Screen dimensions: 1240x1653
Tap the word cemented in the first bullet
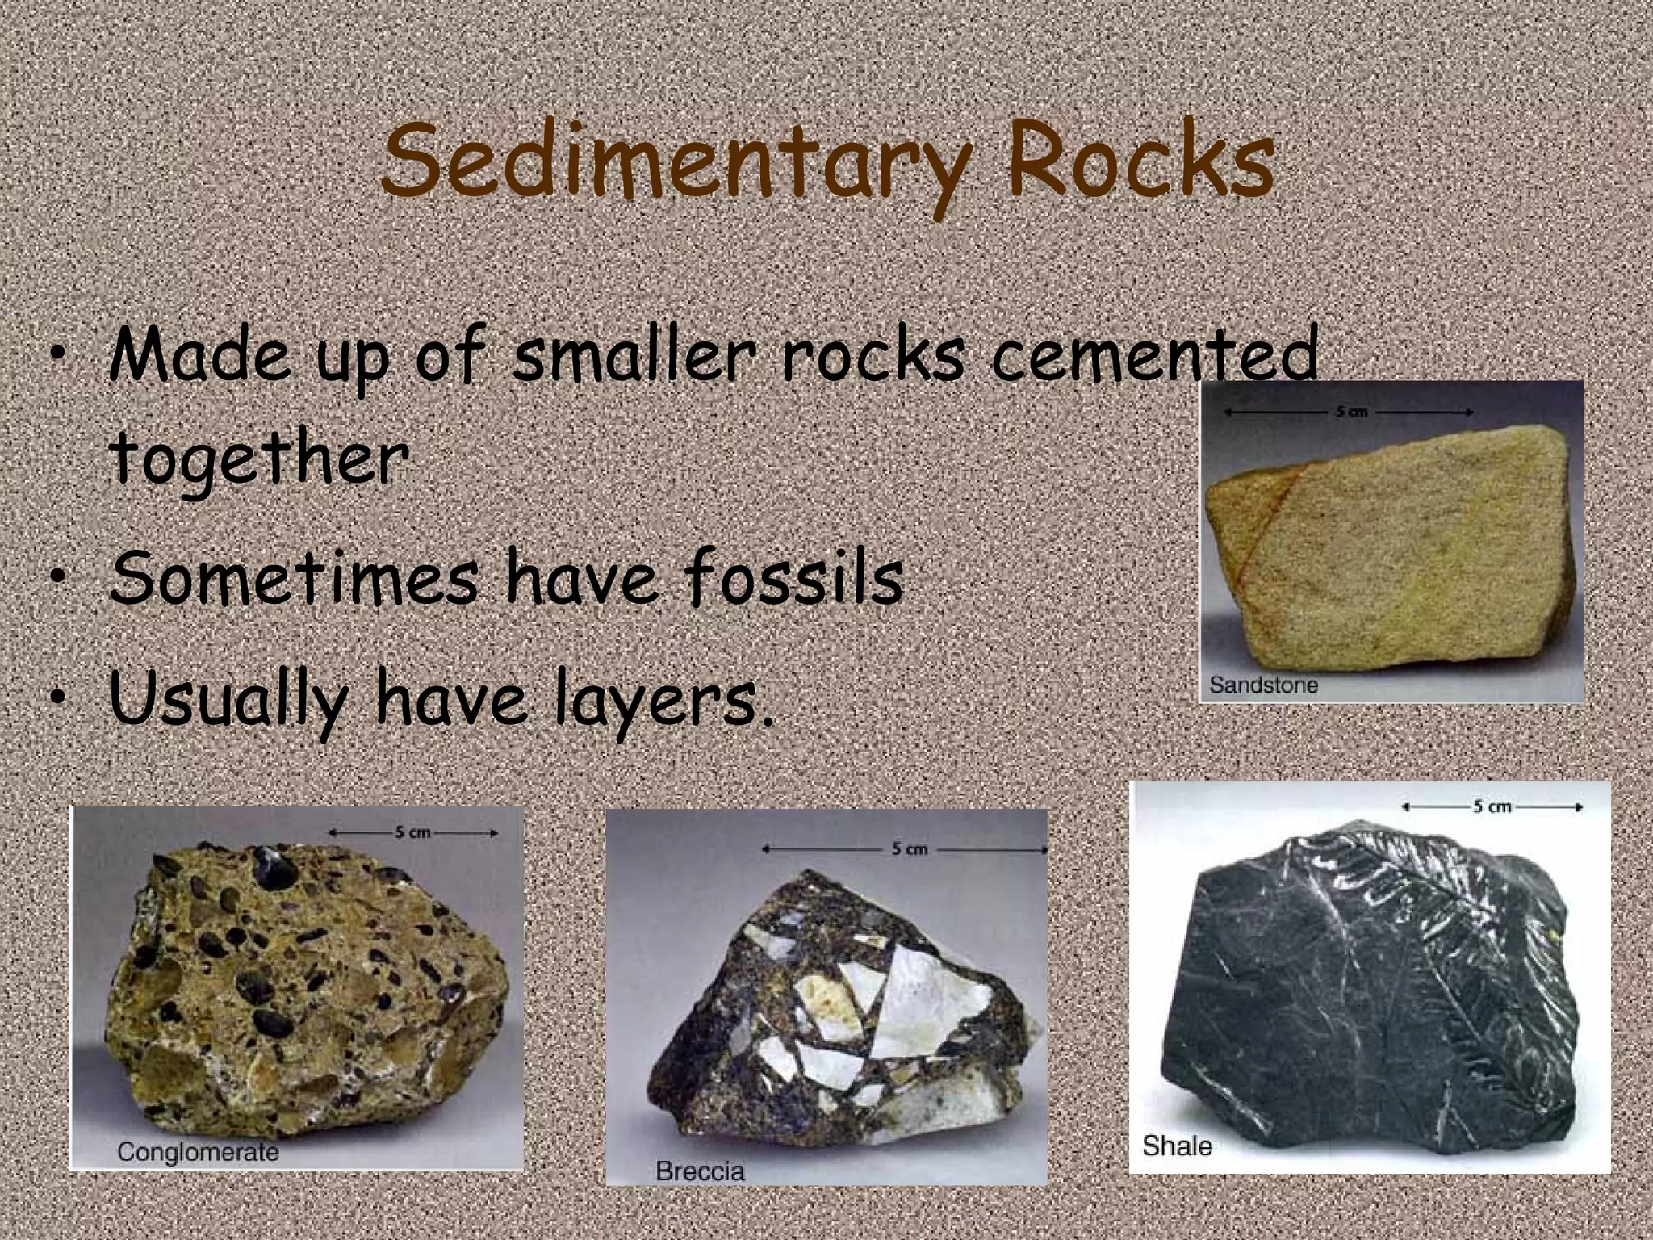click(x=1154, y=355)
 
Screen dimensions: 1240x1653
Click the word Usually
click(x=229, y=701)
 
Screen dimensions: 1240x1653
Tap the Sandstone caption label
click(x=1263, y=685)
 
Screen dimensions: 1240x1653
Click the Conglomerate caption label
click(x=198, y=1151)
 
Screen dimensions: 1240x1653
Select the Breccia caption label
click(x=700, y=1171)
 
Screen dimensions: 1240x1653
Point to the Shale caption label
click(x=1177, y=1146)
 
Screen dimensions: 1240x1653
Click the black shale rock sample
click(x=1372, y=993)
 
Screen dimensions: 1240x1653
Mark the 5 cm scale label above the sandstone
click(x=1351, y=412)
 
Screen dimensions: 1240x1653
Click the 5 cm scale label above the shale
click(x=1492, y=806)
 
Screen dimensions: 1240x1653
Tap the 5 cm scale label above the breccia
click(x=909, y=849)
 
